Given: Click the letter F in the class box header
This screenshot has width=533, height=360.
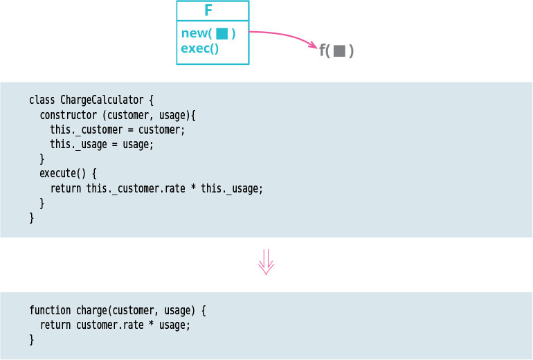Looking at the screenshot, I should (x=208, y=10).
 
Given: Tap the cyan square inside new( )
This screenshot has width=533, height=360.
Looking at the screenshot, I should (x=222, y=33).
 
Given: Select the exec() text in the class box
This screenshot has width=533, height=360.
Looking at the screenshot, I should (x=199, y=48).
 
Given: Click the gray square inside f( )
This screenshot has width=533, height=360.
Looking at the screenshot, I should (x=339, y=51).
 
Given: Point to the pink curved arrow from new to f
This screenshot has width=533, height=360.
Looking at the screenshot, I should (x=284, y=36).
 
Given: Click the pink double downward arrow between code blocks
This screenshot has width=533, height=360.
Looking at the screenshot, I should (x=266, y=263).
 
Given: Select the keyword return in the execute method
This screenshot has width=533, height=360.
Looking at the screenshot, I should (x=66, y=188).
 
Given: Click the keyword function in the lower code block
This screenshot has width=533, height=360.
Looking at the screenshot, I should (x=50, y=311).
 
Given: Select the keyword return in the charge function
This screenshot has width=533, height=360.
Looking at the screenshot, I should (x=55, y=325).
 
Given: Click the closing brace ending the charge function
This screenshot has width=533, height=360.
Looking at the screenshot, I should (x=32, y=340).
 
